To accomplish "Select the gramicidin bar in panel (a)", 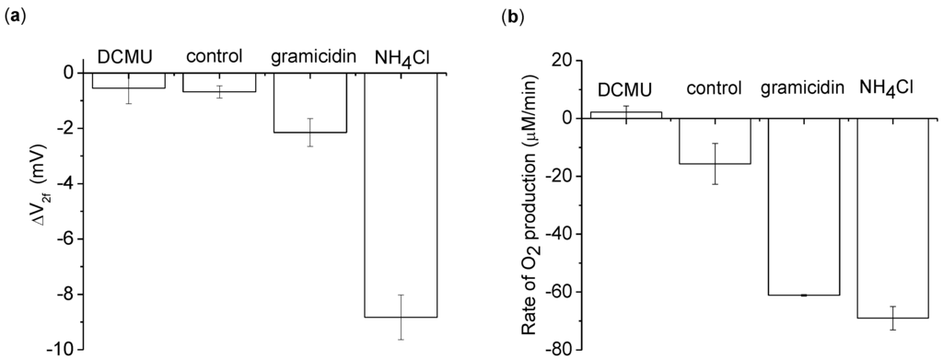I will (309, 102).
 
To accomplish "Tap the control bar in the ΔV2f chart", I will (219, 82).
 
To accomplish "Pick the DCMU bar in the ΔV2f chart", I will (128, 80).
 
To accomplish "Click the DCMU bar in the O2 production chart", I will (625, 115).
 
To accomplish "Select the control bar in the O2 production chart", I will (715, 141).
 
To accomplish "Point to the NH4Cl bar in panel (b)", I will (892, 218).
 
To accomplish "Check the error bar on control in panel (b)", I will (715, 164).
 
